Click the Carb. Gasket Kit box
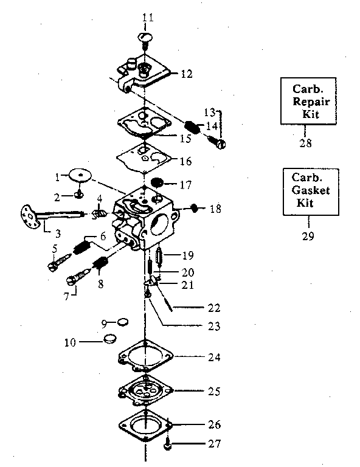tap(308, 192)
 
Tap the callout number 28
tap(305, 144)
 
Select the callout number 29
tap(308, 236)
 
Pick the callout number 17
tap(187, 183)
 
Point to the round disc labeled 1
tap(80, 175)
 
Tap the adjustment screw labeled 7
tap(72, 280)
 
